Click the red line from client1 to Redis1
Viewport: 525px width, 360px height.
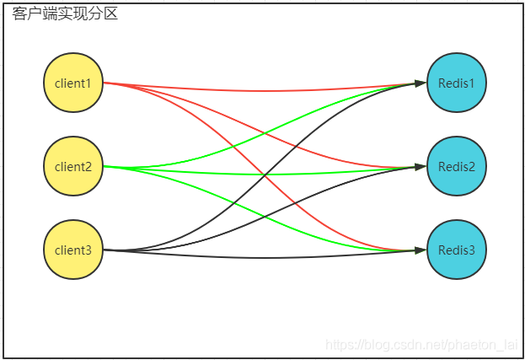tap(265, 91)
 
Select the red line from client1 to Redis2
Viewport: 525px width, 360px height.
tap(265, 133)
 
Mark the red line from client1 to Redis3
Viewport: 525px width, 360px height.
tap(265, 175)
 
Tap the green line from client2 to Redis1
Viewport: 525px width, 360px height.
tap(265, 133)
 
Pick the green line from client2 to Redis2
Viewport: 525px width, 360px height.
tap(265, 175)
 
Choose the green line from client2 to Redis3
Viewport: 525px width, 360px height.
tap(265, 217)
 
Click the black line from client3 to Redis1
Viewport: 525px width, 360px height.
tap(265, 175)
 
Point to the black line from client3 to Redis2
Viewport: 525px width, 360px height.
tap(265, 217)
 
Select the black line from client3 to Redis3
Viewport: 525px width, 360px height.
tap(265, 258)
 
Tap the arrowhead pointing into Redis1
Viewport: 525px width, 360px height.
tap(421, 83)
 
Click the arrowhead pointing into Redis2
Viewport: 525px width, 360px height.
tap(421, 166)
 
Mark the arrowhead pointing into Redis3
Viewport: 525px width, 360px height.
tap(421, 250)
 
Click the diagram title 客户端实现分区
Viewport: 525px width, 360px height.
tap(65, 13)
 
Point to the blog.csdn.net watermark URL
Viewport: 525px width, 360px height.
tap(421, 345)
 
